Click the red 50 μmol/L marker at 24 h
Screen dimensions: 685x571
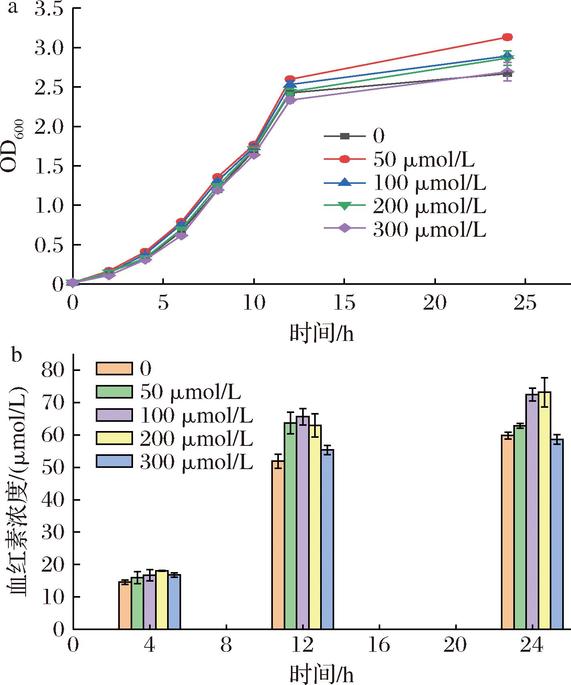tap(507, 37)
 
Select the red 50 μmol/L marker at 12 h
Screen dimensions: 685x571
tap(290, 79)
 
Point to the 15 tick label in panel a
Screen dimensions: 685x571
tap(344, 304)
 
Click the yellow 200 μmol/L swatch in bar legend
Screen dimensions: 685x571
tap(114, 438)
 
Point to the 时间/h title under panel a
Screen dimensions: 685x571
tap(322, 333)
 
